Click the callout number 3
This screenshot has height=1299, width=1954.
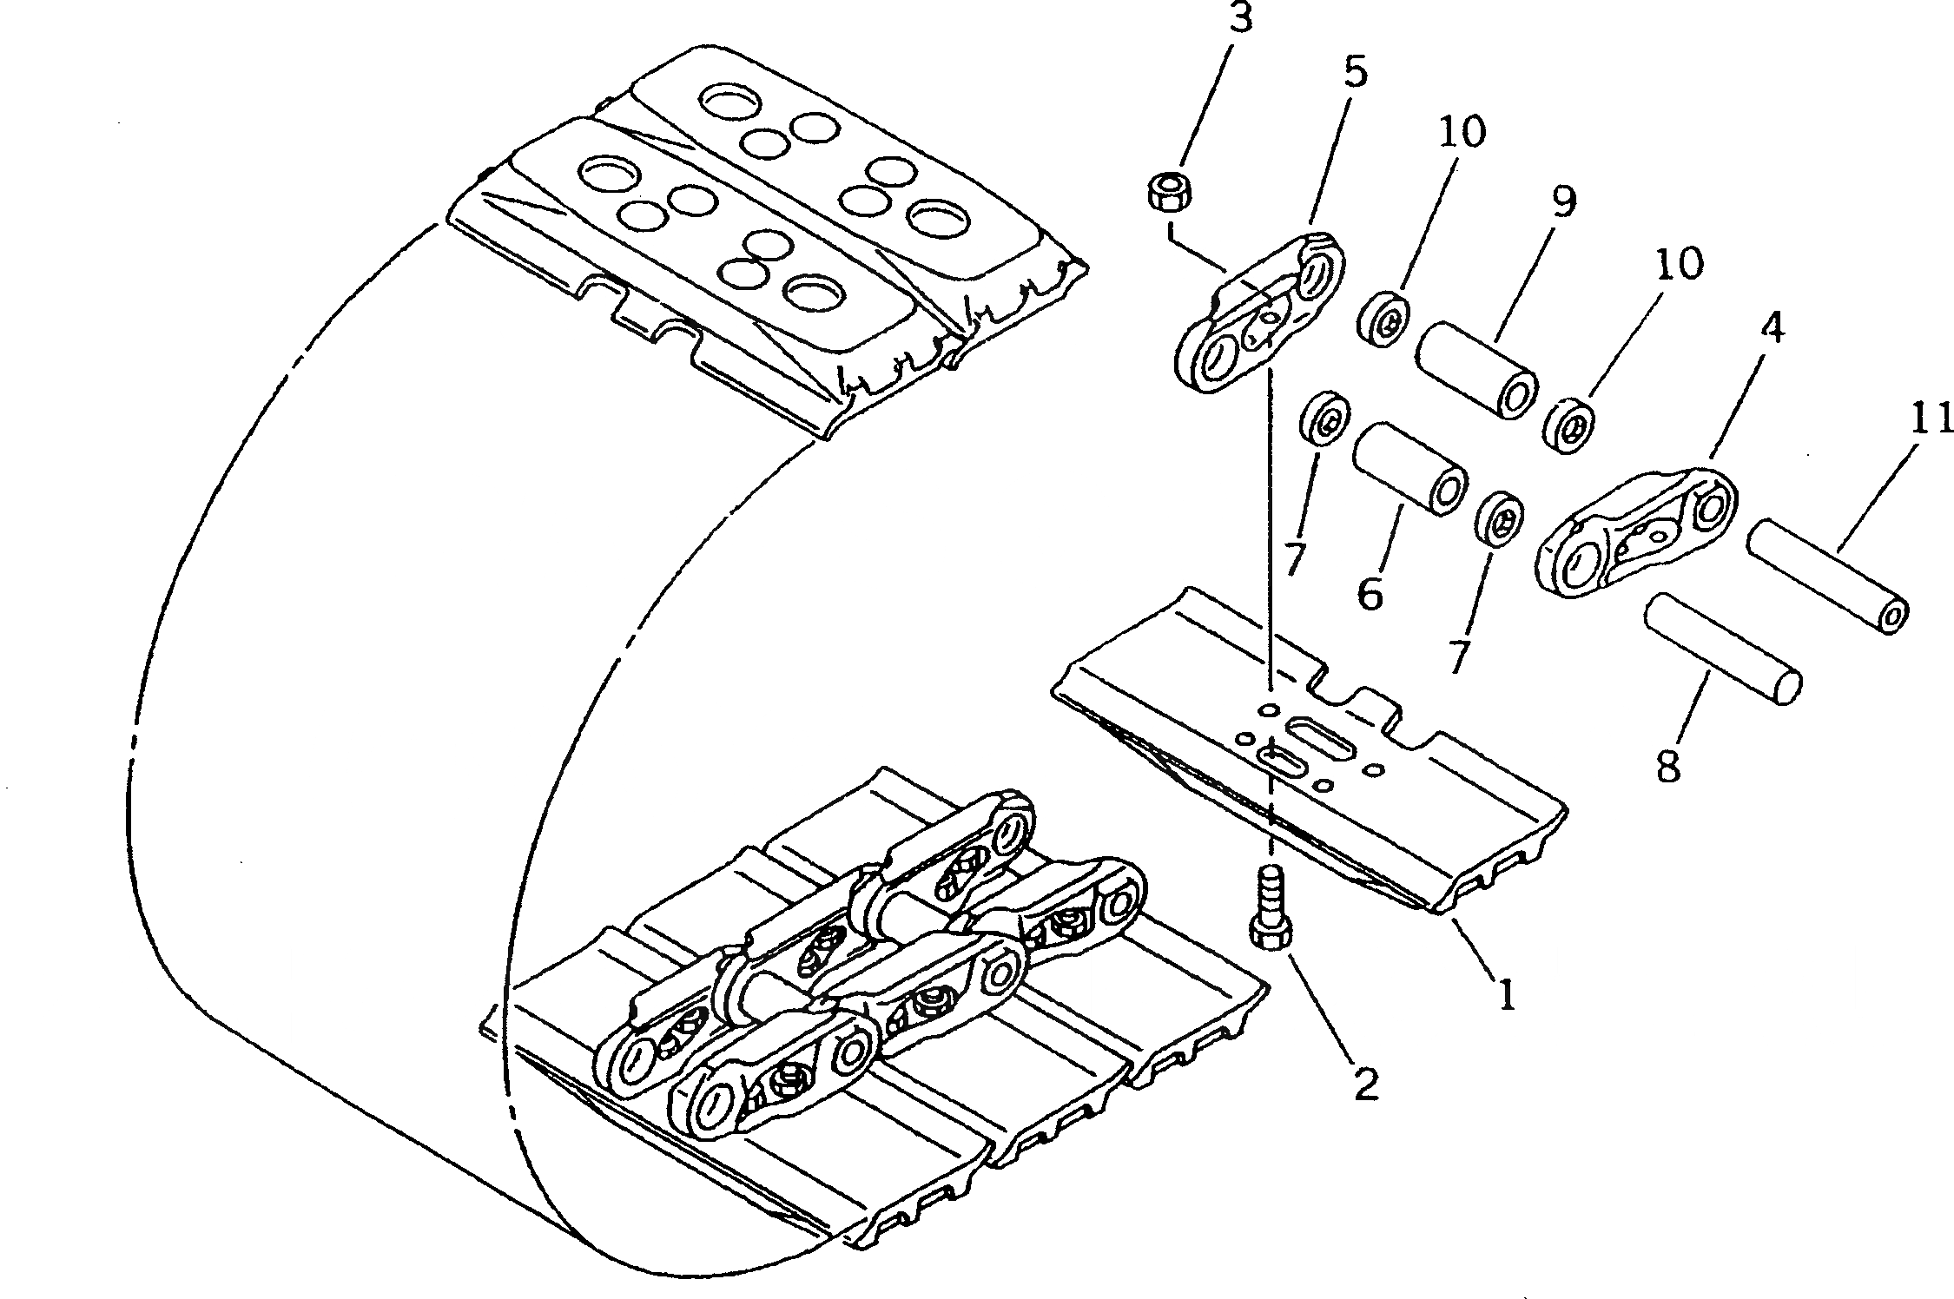pos(1241,19)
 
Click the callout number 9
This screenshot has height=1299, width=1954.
pos(1562,201)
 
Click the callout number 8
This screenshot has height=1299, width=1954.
pos(1668,767)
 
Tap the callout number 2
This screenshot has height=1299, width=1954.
pos(1366,1084)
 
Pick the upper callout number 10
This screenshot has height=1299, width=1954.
pos(1462,132)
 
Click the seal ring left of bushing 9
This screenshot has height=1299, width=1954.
pos(1383,319)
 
